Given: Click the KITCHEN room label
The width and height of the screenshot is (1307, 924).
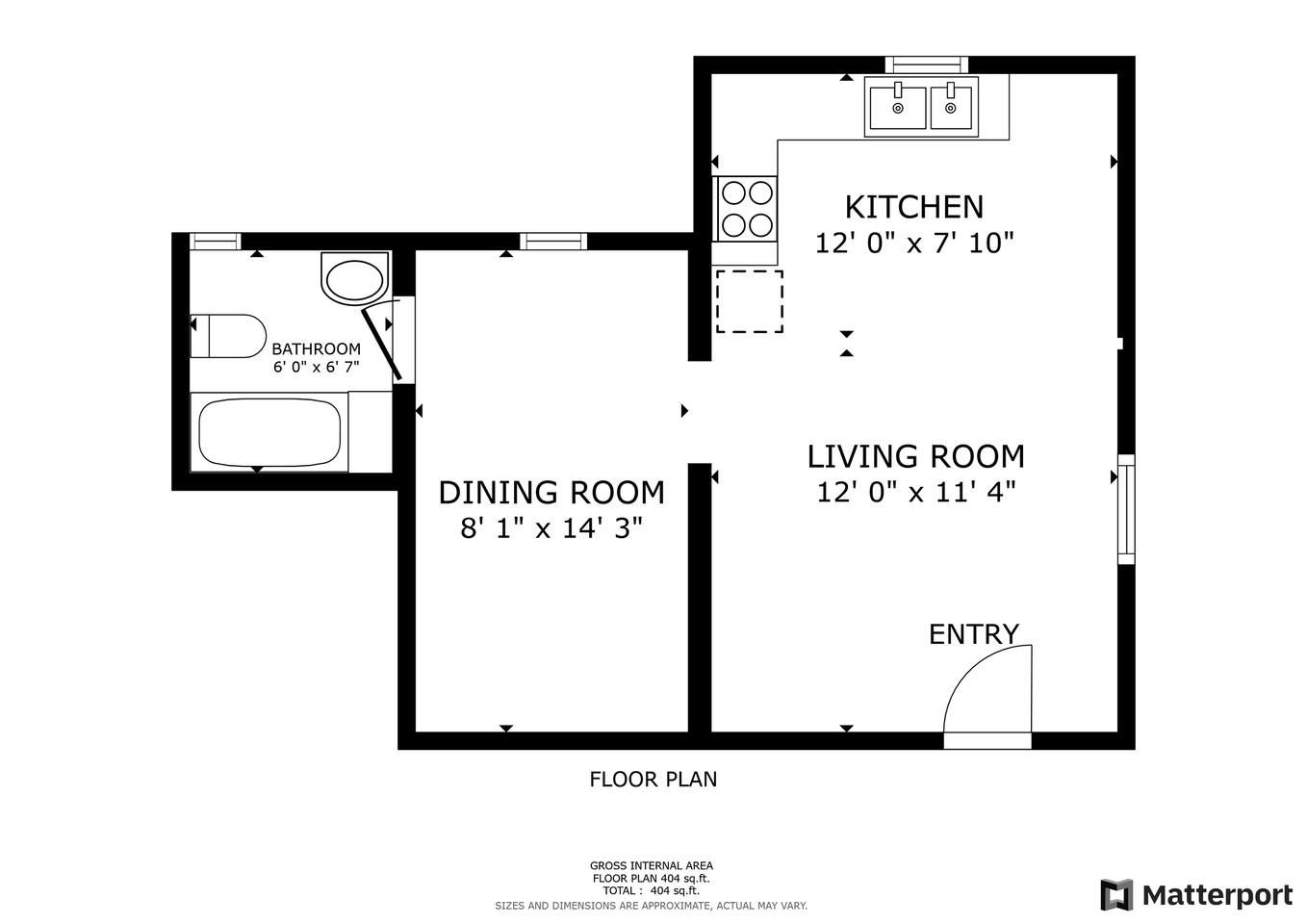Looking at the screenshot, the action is (x=913, y=207).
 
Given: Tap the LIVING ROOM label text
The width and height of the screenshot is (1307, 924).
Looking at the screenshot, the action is (x=915, y=457).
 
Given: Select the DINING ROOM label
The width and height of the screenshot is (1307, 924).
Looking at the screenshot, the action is (x=551, y=493).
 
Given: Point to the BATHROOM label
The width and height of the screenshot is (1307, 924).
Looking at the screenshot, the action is (x=317, y=348).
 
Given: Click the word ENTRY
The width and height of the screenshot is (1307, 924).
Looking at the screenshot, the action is (x=974, y=634).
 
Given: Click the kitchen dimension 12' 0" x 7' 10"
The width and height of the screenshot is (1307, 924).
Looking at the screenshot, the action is (x=914, y=244).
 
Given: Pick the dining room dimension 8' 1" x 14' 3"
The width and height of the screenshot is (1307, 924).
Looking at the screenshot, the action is (x=551, y=528).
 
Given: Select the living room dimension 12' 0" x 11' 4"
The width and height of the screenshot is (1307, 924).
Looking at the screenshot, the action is (x=916, y=493).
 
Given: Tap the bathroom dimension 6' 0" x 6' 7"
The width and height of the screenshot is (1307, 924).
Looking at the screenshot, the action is (x=317, y=367).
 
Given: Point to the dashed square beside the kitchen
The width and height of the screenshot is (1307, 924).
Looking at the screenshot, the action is (x=750, y=301).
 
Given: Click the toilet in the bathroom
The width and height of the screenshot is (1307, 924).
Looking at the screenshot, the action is (x=229, y=336).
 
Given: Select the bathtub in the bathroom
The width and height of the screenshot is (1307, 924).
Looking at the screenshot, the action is (x=269, y=432).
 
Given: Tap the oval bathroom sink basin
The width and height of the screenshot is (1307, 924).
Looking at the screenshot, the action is (x=354, y=280).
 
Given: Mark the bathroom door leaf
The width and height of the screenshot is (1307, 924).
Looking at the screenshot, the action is (x=381, y=346).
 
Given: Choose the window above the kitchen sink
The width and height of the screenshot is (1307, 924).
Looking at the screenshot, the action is (x=927, y=64).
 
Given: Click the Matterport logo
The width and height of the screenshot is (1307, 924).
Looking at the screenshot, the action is (x=1196, y=895).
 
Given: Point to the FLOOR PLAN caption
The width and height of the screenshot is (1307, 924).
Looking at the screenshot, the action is (x=653, y=780).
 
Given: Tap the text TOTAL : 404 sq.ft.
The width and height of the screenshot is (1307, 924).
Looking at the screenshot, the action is (x=652, y=890).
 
